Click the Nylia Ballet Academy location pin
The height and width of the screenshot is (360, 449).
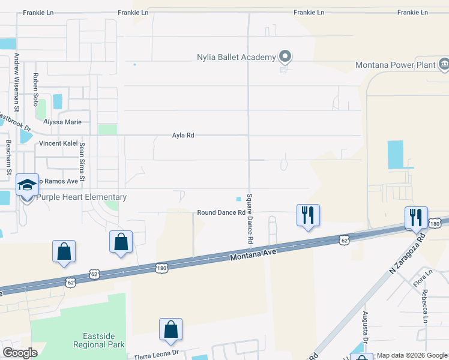point(285,57)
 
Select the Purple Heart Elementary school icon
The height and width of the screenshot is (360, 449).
point(27,187)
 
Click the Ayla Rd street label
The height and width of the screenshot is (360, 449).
point(182,136)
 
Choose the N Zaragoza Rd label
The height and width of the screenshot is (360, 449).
point(406,254)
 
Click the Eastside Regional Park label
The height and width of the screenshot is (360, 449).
point(99,340)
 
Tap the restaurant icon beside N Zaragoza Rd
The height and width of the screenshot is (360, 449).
point(416,217)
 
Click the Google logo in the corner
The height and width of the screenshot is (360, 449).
point(20,353)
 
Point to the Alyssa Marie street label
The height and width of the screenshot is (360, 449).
point(64,121)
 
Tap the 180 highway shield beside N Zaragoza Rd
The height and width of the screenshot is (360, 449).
point(436,224)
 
